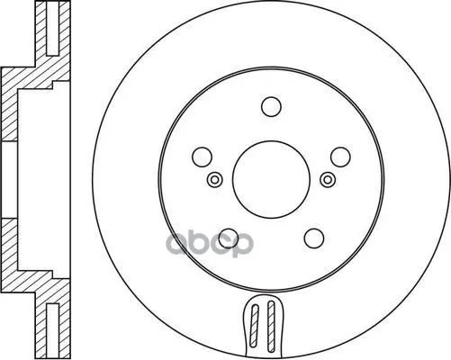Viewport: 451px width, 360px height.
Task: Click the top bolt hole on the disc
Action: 271,106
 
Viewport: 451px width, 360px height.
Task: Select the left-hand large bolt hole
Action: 203,157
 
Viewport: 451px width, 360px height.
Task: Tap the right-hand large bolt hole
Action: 340,157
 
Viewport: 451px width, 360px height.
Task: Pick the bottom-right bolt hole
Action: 314,238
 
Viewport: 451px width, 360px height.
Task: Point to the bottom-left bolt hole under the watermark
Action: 229,238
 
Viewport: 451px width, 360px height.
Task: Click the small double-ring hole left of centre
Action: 215,180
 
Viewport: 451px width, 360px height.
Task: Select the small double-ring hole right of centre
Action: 328,180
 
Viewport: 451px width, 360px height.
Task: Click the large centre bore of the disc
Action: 271,179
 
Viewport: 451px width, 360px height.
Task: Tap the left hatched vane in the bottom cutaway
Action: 255,328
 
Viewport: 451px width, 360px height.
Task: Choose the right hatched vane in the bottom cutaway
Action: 271,327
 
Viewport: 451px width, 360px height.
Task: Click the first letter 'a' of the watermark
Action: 178,244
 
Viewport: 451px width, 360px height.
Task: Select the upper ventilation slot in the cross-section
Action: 53,28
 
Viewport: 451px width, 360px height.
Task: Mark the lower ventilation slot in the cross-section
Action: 53,331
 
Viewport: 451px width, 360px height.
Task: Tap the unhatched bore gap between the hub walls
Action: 9,180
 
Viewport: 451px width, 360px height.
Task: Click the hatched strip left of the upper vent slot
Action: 41,29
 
